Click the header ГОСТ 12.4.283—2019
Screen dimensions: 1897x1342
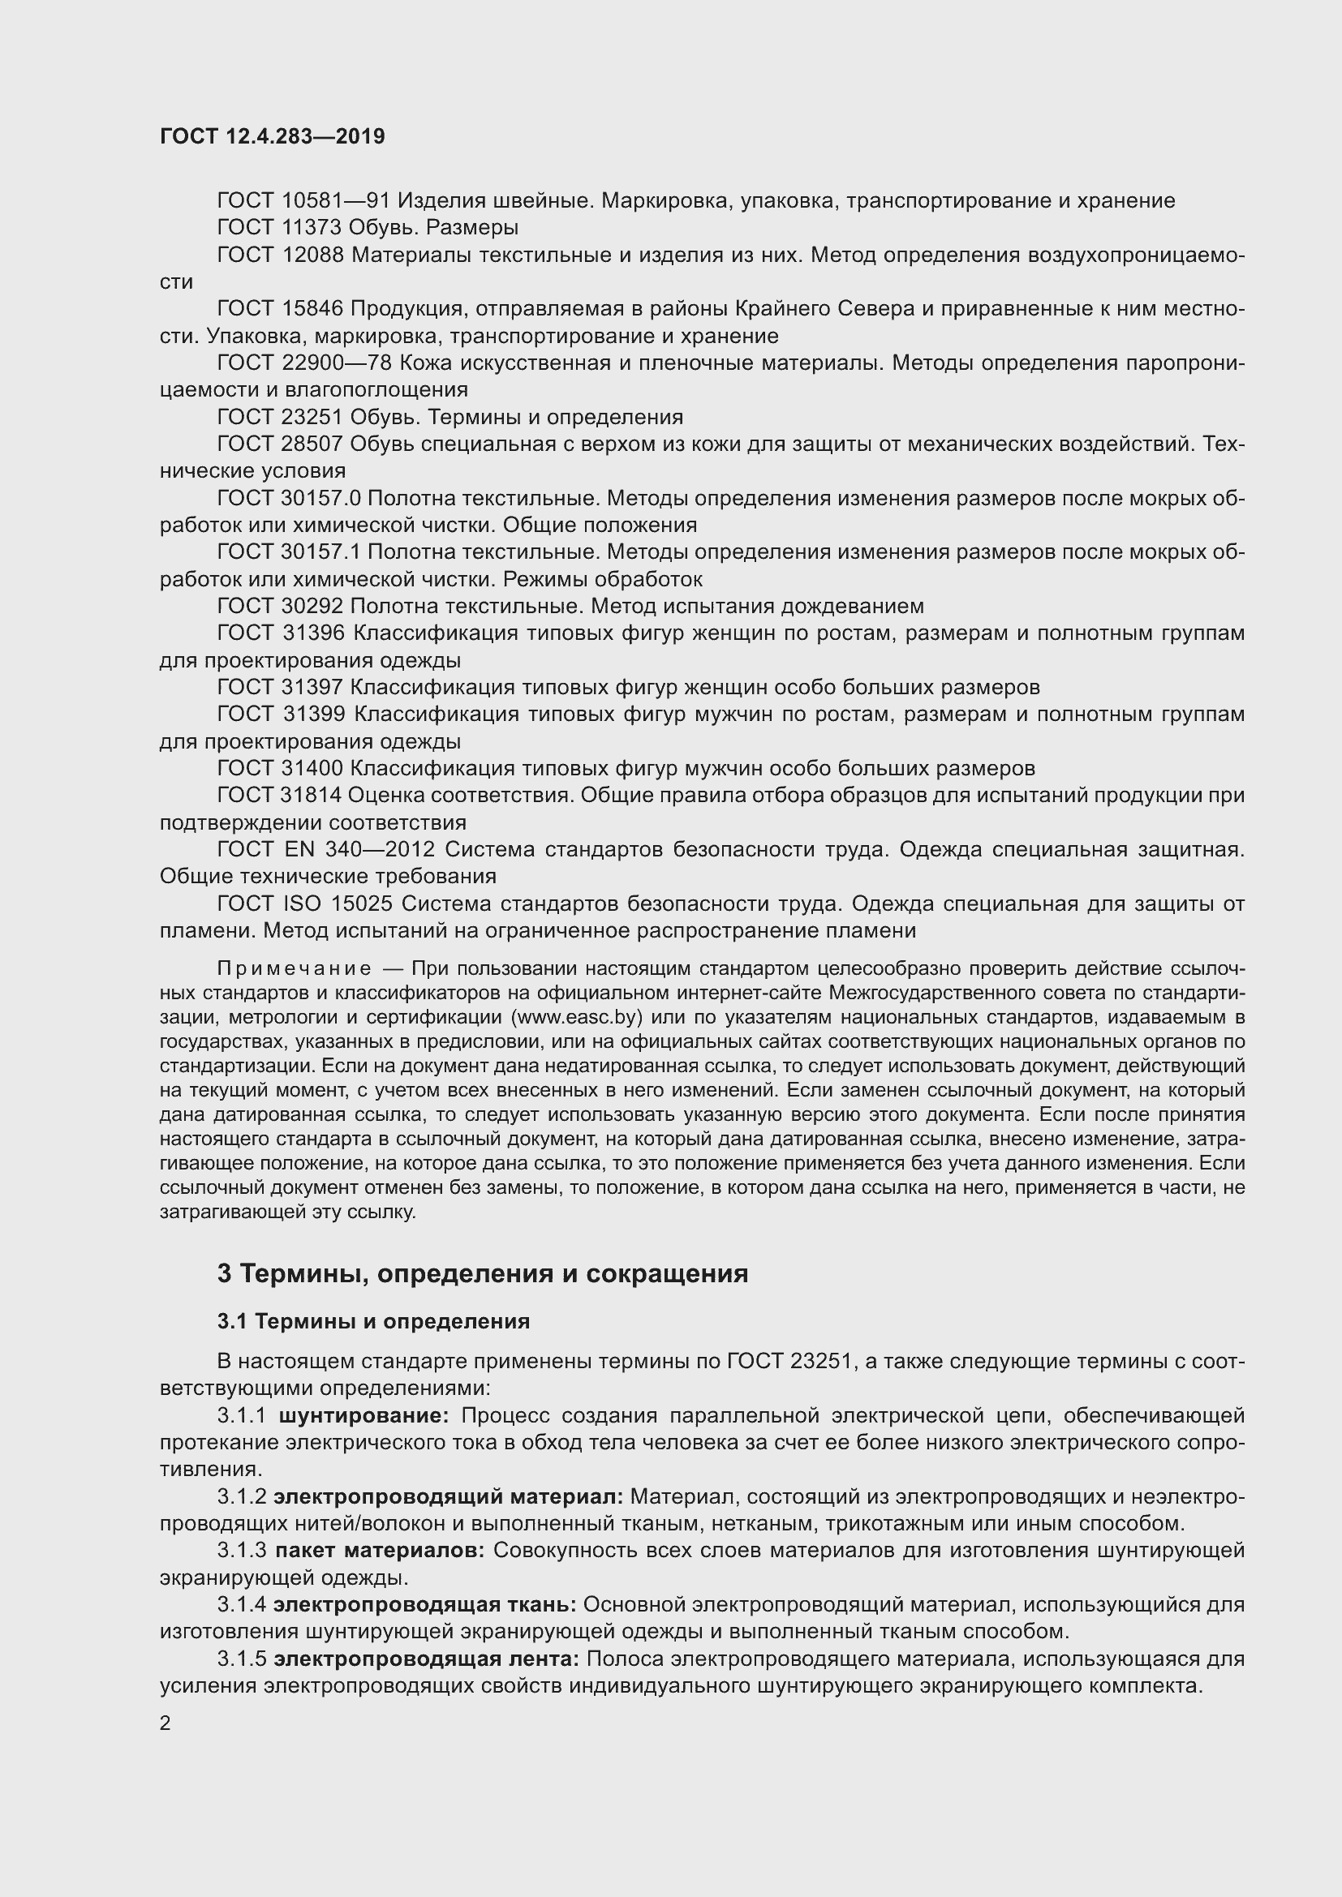tap(273, 136)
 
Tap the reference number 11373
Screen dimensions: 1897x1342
tap(312, 227)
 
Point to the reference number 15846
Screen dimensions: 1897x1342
tap(312, 309)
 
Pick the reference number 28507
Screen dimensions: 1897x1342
tap(312, 444)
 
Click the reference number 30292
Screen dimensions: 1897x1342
tap(312, 607)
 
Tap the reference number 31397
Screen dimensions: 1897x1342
tap(312, 688)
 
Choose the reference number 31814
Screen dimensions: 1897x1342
tap(312, 796)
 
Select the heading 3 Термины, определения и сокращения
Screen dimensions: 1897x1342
tap(483, 1274)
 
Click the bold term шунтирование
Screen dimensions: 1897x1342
tap(363, 1416)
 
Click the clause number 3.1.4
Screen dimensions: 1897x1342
tap(241, 1605)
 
